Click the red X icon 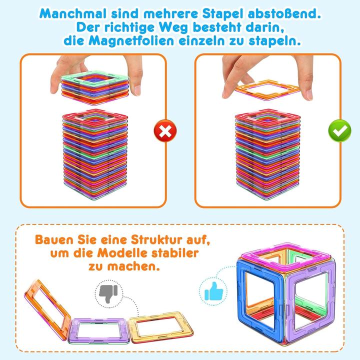165,131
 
